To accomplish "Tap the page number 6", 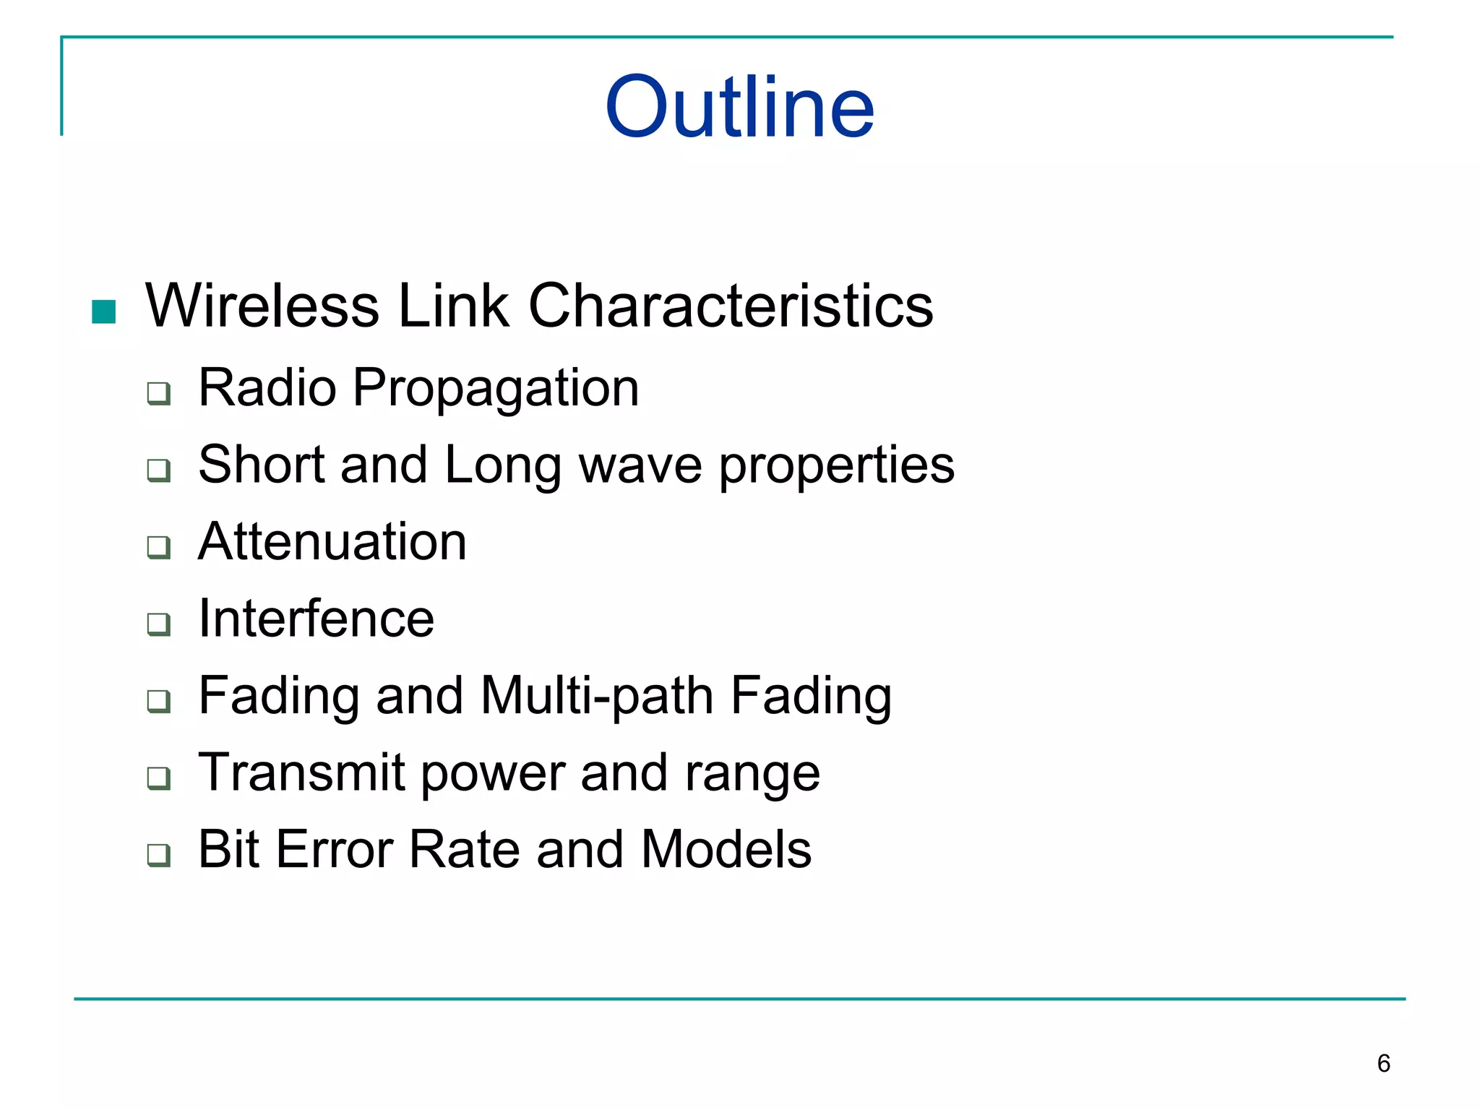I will tap(1383, 1063).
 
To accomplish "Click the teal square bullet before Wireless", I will tap(104, 311).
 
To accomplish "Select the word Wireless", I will tap(262, 306).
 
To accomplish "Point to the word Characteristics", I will tap(731, 306).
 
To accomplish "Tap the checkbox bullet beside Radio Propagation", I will tap(158, 394).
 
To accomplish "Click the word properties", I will tap(836, 467).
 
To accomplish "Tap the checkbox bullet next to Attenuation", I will tap(158, 547).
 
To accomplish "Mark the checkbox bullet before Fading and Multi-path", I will tap(158, 701).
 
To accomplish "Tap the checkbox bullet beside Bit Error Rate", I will tap(158, 855).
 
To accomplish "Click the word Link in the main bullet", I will tap(453, 306).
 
